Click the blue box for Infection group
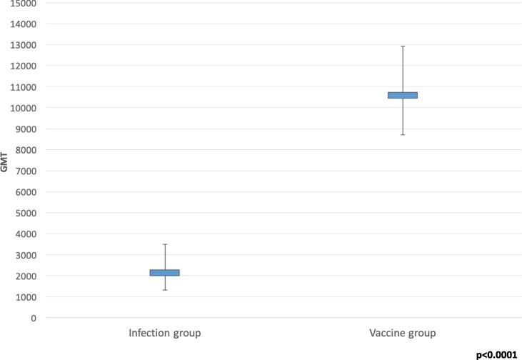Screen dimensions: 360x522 tap(164, 272)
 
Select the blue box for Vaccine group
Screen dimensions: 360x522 tap(403, 95)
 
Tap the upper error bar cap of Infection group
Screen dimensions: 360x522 tap(164, 244)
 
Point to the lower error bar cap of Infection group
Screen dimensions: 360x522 tap(164, 290)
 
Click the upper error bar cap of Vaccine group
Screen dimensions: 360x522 tap(403, 46)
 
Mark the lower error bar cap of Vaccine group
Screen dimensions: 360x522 tap(403, 134)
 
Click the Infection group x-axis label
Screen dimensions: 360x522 tap(164, 333)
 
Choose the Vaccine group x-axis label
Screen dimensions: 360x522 tap(403, 333)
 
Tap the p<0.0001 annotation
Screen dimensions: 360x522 tap(496, 354)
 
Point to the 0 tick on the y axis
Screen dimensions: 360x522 tap(33, 318)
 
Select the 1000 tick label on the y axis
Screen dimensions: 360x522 tap(26, 297)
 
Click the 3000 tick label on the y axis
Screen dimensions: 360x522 tap(26, 255)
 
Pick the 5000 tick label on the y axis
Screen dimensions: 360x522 tap(26, 213)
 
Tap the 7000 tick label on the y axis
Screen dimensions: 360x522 tap(26, 171)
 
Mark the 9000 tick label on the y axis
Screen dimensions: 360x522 tap(26, 129)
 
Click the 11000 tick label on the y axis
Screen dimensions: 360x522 tap(24, 87)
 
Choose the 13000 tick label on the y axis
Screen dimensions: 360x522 tap(24, 45)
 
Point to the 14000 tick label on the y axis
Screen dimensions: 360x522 tap(24, 24)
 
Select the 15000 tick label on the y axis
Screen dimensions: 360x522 tap(24, 4)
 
